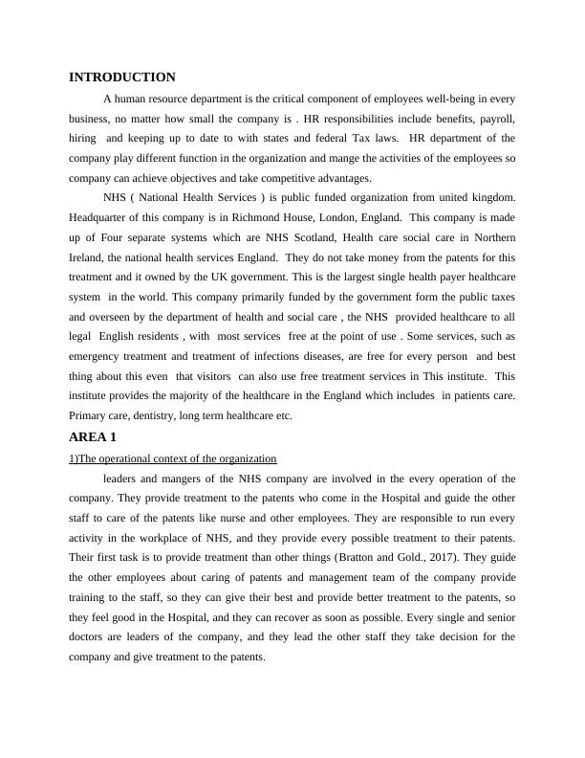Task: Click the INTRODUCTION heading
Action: pos(122,78)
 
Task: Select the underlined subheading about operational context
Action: pos(173,458)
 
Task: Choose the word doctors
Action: pos(91,637)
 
